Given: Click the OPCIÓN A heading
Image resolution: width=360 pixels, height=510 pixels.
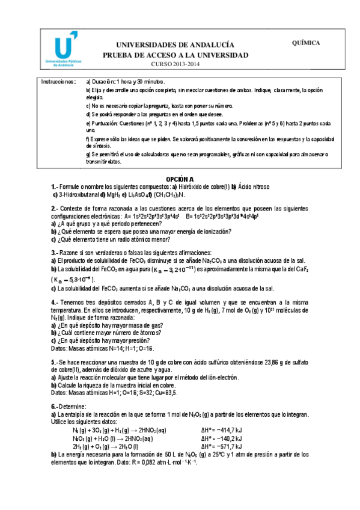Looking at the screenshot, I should click(180, 179).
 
